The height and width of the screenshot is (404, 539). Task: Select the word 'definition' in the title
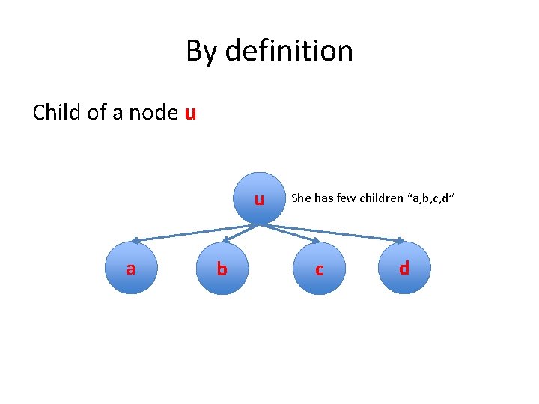(x=288, y=51)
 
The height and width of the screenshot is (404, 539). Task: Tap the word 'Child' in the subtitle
(x=55, y=113)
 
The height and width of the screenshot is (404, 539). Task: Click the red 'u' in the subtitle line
(x=190, y=114)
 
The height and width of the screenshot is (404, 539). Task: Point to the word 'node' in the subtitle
(x=153, y=114)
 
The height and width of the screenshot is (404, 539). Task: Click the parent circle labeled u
(x=258, y=199)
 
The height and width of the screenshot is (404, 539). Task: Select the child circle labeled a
(x=130, y=268)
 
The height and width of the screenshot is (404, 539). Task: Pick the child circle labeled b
(x=222, y=268)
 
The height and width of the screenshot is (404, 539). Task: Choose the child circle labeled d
(x=404, y=268)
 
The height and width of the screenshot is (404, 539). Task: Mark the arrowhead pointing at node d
(x=402, y=241)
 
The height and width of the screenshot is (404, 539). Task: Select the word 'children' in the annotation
(x=381, y=198)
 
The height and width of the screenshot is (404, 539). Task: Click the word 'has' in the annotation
(x=323, y=198)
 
